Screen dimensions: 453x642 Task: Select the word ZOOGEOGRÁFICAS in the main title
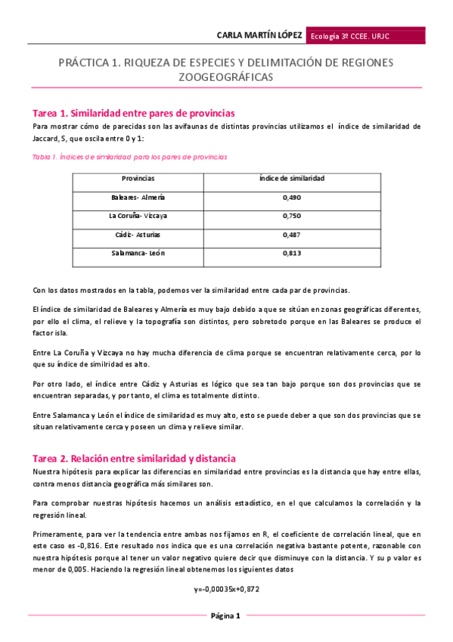(225, 77)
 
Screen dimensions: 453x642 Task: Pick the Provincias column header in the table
(138, 179)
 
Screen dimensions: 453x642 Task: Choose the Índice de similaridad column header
(291, 179)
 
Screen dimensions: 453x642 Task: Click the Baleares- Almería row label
(138, 198)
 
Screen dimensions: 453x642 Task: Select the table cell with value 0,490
(291, 198)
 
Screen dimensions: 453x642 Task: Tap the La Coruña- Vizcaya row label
(138, 216)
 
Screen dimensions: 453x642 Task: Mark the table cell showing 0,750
(291, 216)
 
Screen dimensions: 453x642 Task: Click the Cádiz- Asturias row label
(138, 235)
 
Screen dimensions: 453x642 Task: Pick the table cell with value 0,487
(291, 235)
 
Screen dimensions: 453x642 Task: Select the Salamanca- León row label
(138, 254)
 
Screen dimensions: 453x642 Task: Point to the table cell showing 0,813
(291, 254)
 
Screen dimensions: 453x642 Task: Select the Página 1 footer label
(225, 616)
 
